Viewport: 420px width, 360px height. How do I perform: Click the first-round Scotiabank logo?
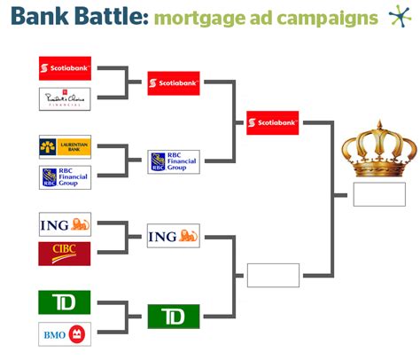click(66, 68)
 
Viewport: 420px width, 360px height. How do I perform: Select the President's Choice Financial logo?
click(65, 99)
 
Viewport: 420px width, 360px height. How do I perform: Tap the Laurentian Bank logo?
click(65, 146)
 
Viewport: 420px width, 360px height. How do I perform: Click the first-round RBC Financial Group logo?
click(65, 176)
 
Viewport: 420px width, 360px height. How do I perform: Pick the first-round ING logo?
click(65, 223)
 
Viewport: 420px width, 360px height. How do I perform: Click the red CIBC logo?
click(65, 254)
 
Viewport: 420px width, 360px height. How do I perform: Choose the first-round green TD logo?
click(65, 302)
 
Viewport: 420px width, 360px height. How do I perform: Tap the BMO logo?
click(65, 333)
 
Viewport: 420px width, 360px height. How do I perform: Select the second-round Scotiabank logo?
click(174, 83)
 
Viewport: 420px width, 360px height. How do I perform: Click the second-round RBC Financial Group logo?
click(174, 161)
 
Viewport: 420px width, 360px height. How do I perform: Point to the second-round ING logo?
click(174, 235)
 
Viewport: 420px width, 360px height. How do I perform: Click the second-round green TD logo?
click(174, 317)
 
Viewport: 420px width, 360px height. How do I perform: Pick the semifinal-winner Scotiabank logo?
click(273, 122)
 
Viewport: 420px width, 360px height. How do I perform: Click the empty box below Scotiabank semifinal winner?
click(273, 275)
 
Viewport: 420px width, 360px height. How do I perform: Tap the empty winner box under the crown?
click(378, 194)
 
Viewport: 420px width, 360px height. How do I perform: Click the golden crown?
click(378, 152)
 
